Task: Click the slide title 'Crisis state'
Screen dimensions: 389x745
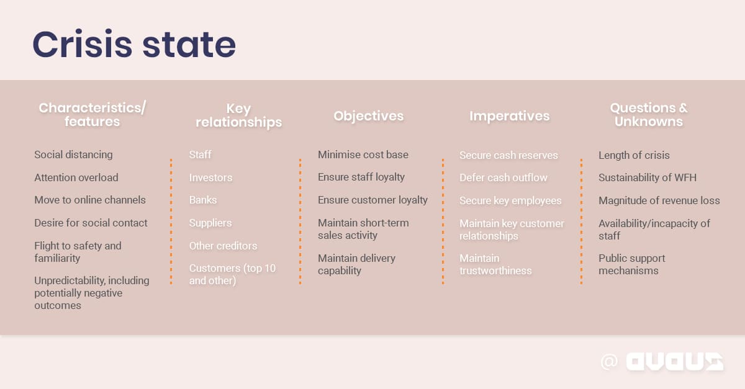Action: coord(134,45)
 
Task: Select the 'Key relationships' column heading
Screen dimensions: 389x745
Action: coord(238,115)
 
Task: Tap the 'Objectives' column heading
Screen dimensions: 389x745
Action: coord(368,116)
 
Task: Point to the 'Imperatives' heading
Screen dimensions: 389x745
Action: coord(509,116)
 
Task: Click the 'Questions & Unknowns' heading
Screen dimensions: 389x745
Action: coord(648,115)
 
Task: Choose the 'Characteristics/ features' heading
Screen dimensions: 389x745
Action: coord(93,115)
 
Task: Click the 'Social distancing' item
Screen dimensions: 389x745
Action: coord(73,154)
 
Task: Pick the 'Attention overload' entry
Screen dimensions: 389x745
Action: coord(76,177)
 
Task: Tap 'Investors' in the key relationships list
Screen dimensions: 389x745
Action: coord(210,177)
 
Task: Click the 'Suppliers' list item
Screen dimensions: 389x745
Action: coord(210,223)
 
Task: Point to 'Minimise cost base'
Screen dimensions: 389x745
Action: coord(363,154)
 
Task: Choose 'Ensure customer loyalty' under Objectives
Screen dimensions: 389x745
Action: coord(372,200)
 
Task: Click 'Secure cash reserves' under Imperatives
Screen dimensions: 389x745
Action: coord(508,155)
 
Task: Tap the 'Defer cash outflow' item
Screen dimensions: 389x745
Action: coord(503,177)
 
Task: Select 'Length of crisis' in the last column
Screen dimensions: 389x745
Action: coord(634,155)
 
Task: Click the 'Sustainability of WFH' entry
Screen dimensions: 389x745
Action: coord(648,177)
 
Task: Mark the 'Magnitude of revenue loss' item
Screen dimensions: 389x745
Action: coord(659,200)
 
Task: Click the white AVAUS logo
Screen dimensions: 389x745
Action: coord(674,362)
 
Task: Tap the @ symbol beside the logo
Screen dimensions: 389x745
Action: coord(609,362)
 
